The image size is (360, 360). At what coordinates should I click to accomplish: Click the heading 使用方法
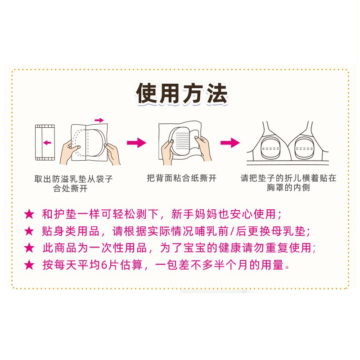pyautogui.click(x=181, y=93)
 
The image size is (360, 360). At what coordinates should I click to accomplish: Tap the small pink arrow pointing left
pyautogui.click(x=47, y=143)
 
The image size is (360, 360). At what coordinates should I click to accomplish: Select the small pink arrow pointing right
pyautogui.click(x=99, y=120)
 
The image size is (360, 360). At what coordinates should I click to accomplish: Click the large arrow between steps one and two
pyautogui.click(x=136, y=143)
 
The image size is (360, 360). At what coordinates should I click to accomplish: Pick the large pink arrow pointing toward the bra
pyautogui.click(x=229, y=143)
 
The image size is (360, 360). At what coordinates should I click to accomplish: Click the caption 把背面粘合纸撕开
pyautogui.click(x=181, y=178)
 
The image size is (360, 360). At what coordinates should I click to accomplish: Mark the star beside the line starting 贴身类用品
pyautogui.click(x=29, y=231)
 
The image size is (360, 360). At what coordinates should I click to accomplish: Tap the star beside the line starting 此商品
pyautogui.click(x=29, y=248)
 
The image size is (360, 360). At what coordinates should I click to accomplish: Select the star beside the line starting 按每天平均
pyautogui.click(x=29, y=265)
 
